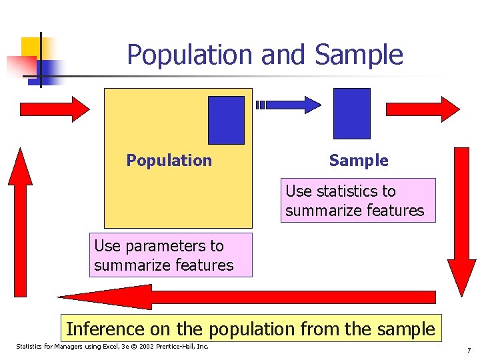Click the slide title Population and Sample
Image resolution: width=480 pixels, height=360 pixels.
click(265, 55)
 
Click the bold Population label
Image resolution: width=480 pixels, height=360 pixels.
click(169, 161)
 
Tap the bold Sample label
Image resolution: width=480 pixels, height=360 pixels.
click(358, 161)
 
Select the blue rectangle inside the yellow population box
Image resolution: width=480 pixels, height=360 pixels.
click(226, 120)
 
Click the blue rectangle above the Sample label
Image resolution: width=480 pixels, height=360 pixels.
click(351, 113)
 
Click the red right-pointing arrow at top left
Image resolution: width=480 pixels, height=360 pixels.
click(54, 108)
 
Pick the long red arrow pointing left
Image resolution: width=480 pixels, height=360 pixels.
click(246, 297)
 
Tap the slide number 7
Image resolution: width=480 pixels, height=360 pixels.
click(469, 350)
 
